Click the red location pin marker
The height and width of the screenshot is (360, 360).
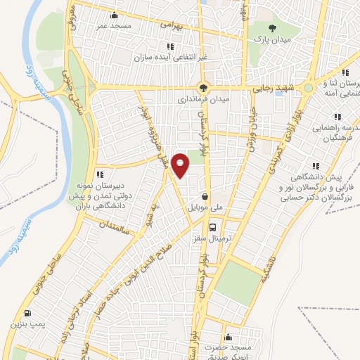click(181, 164)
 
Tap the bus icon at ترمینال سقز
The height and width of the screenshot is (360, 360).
click(212, 226)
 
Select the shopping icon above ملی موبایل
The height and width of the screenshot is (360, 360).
click(205, 197)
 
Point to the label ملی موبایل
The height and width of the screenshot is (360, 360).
click(205, 209)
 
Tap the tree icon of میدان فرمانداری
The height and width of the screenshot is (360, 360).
click(203, 88)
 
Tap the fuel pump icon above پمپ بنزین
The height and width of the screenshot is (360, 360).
click(27, 314)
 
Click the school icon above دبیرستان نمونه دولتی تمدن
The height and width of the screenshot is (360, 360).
click(100, 174)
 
